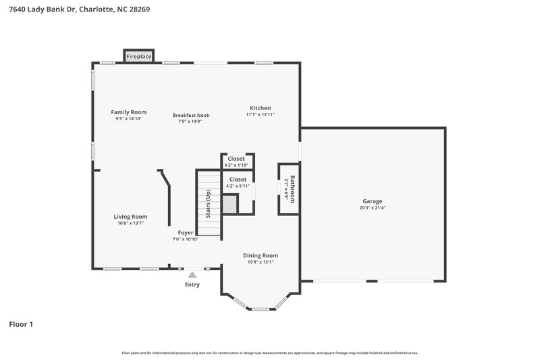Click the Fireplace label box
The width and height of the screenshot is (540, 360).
pyautogui.click(x=139, y=57)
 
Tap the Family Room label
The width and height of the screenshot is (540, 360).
pyautogui.click(x=128, y=112)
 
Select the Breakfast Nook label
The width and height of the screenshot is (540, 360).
pyautogui.click(x=191, y=115)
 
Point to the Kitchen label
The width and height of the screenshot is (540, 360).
pyautogui.click(x=260, y=108)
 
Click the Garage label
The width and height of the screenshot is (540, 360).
pyautogui.click(x=372, y=201)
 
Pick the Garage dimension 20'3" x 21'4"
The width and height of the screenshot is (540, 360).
pyautogui.click(x=372, y=208)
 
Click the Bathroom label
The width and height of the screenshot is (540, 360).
pyautogui.click(x=293, y=188)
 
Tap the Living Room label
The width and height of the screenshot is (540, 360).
pyautogui.click(x=130, y=216)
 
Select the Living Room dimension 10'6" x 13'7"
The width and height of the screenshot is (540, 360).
pyautogui.click(x=130, y=223)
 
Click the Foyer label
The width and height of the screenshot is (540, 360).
pyautogui.click(x=186, y=232)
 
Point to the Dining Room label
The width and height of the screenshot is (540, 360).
pyautogui.click(x=261, y=255)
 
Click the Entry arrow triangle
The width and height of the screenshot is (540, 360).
pyautogui.click(x=192, y=274)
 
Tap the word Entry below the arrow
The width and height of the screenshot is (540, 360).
pyautogui.click(x=192, y=284)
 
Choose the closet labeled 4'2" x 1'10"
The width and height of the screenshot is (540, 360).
pyautogui.click(x=236, y=161)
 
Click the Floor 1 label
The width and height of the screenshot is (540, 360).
pyautogui.click(x=21, y=324)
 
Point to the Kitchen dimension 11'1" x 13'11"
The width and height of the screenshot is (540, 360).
pyautogui.click(x=260, y=115)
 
